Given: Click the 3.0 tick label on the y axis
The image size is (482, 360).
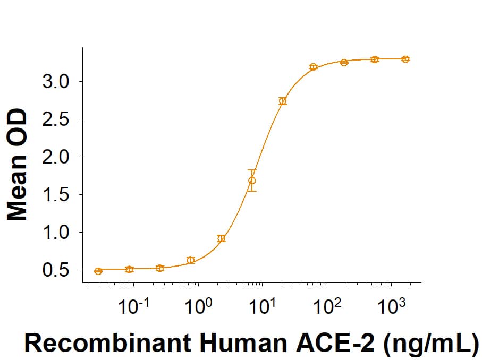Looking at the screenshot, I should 62,82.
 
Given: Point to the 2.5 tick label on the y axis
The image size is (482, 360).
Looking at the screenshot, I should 62,119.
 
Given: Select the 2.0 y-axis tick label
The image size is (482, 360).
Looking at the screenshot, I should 62,157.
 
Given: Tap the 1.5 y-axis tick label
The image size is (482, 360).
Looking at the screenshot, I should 62,195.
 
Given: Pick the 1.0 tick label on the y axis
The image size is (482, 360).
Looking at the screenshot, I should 62,233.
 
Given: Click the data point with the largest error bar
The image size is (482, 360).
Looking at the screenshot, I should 252,181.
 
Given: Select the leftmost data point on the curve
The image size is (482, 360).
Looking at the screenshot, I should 98,271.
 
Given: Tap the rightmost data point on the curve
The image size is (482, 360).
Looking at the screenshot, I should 405,59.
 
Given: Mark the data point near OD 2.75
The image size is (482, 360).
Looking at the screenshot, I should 283,101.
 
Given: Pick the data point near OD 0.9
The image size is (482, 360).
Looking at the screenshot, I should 222,238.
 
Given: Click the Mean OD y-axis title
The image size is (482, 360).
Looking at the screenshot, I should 18,165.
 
